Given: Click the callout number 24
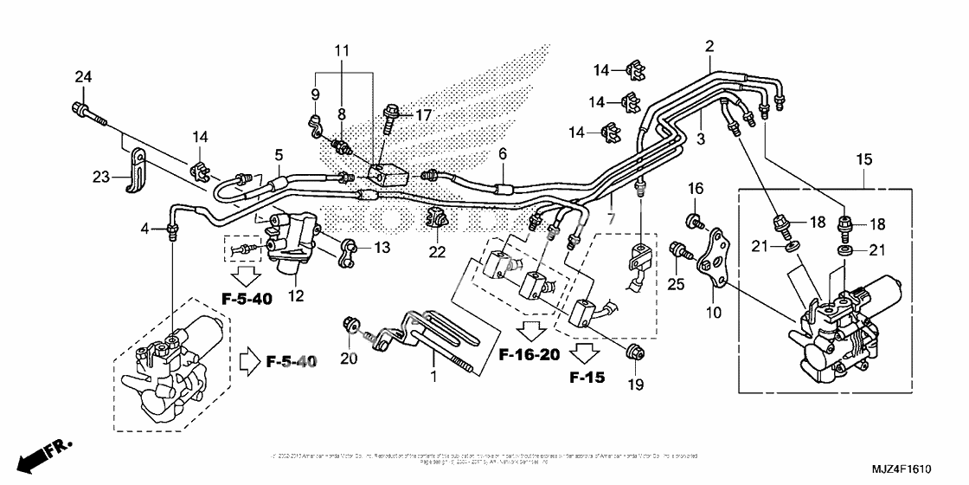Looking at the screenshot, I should (83, 78).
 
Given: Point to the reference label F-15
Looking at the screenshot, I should (587, 378).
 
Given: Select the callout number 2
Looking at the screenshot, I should (709, 46).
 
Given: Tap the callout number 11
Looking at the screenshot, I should (343, 51).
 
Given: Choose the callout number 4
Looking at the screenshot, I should (146, 228).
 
